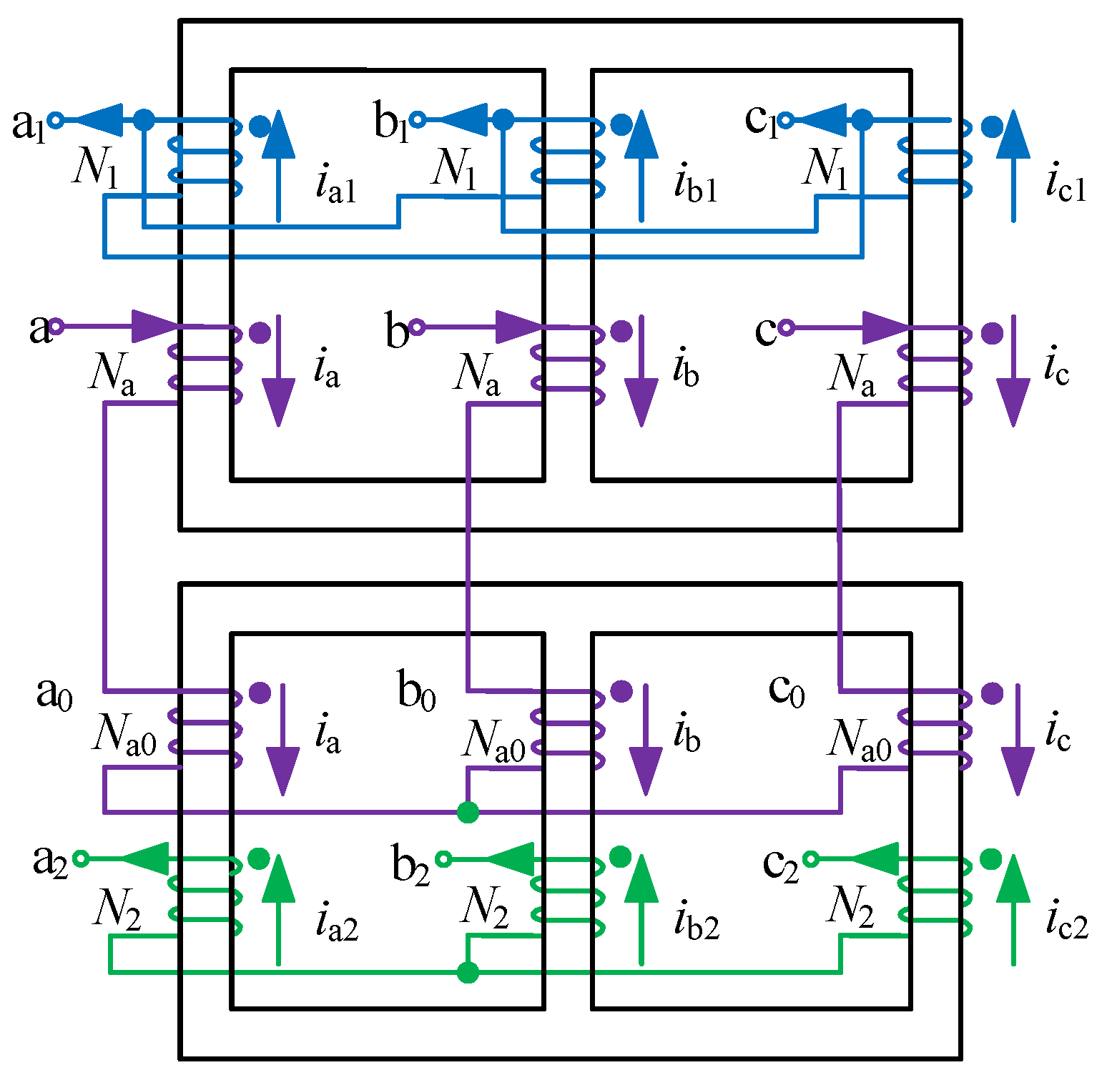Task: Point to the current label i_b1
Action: point(695,184)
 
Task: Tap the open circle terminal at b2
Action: point(443,858)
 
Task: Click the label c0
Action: point(786,690)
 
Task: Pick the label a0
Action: point(54,693)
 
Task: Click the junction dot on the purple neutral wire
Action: point(468,812)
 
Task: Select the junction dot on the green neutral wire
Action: point(468,972)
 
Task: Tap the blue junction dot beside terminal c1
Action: point(862,119)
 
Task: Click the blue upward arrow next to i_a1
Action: point(278,164)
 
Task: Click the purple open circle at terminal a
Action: point(56,327)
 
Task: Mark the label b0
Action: point(416,691)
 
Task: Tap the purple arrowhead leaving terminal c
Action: point(885,328)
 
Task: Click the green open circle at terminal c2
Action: point(811,858)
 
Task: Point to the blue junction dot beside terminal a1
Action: point(144,119)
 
